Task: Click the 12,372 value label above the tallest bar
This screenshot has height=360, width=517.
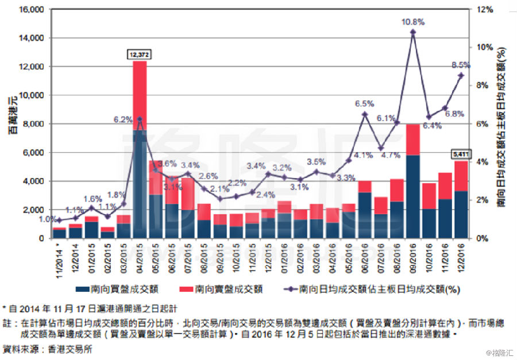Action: [140, 55]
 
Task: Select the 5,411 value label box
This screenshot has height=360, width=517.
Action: [461, 154]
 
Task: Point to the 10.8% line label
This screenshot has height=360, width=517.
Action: [413, 22]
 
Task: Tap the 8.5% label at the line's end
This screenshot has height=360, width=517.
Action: [461, 65]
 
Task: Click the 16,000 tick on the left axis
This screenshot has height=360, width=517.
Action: [32, 10]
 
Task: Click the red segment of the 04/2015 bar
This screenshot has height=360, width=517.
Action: [140, 95]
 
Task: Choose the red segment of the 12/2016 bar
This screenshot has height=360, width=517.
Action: [461, 176]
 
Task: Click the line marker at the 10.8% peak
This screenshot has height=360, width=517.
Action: [413, 32]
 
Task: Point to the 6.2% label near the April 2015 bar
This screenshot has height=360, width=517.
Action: [123, 120]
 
